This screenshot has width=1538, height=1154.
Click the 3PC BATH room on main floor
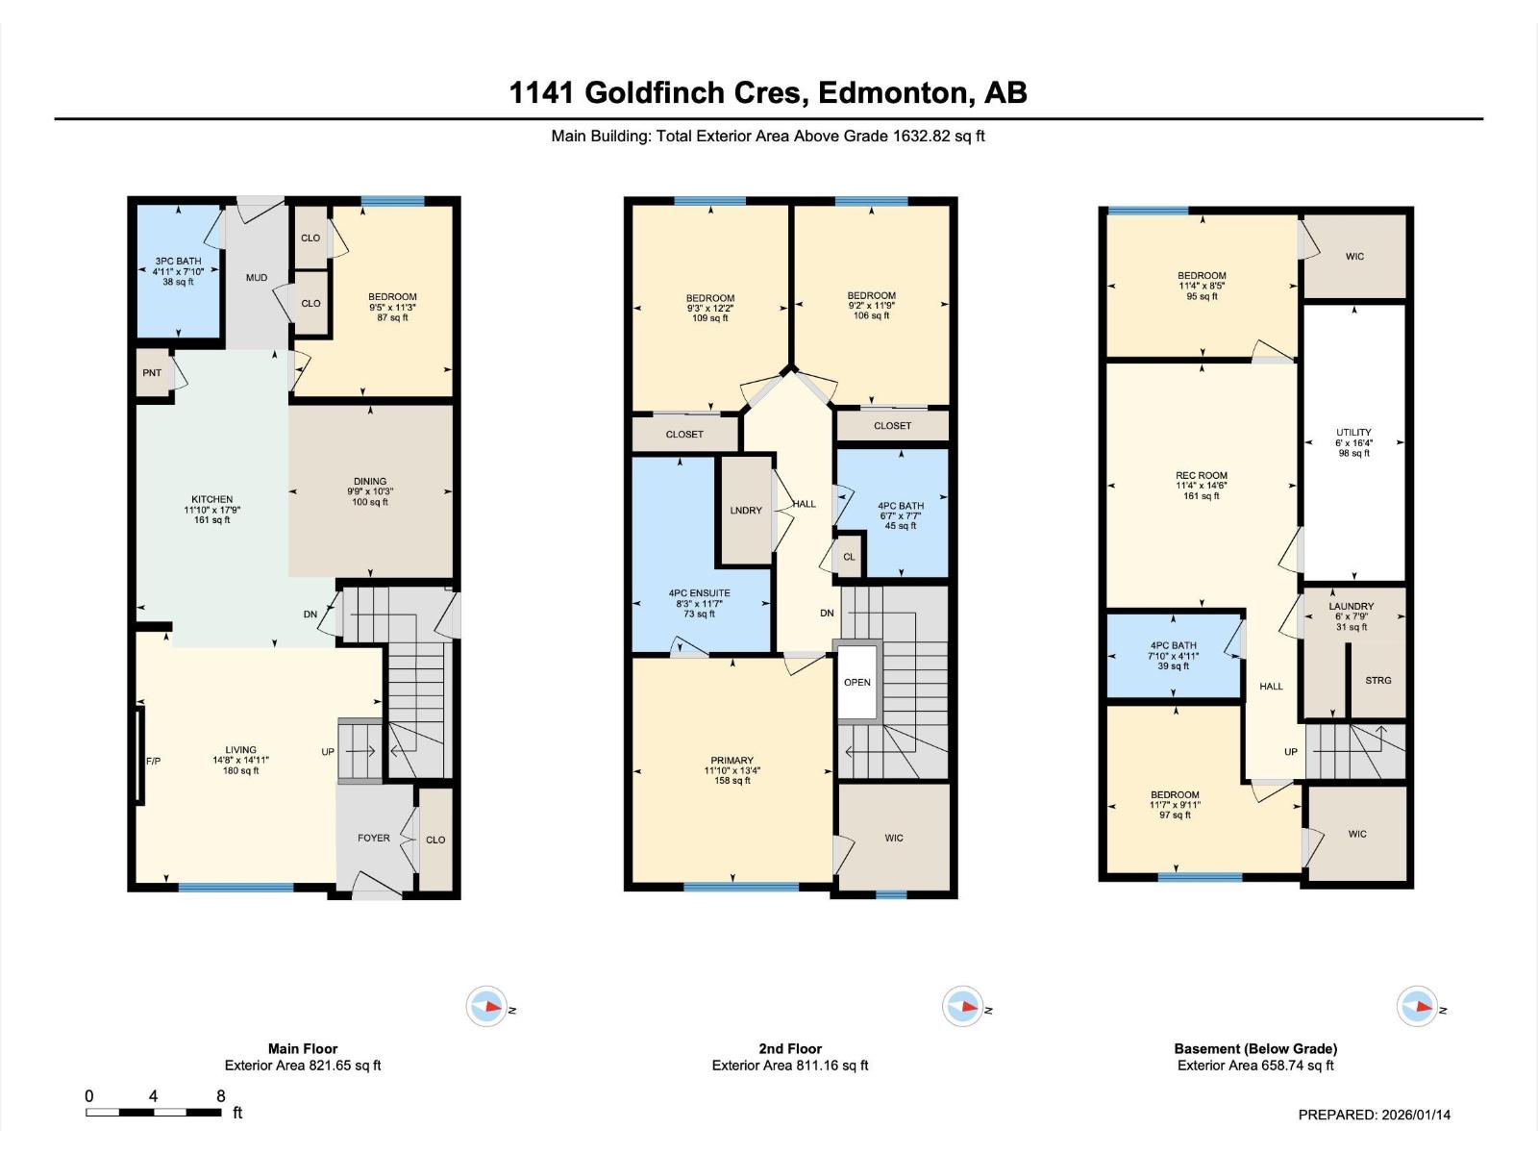178,271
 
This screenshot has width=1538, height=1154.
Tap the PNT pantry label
152,373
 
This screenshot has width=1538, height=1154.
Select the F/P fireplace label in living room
153,761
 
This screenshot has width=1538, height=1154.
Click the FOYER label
374,838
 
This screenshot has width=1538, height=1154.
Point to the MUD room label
257,278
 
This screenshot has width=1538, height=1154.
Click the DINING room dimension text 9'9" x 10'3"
370,491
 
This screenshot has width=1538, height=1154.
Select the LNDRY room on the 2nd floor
746,511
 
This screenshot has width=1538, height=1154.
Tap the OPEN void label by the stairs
856,683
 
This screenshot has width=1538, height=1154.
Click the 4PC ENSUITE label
700,593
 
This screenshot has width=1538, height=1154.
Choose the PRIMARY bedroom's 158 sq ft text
732,781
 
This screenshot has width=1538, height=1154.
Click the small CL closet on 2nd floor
849,557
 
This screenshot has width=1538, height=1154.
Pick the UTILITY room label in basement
1353,433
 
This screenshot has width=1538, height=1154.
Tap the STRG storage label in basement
1377,680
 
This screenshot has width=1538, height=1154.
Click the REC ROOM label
1202,475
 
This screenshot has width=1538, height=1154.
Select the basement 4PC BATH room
1174,656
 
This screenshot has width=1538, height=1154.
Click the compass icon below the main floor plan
485,1007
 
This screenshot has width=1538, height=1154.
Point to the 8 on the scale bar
221,1096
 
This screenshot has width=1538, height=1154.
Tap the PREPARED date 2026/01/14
1416,1115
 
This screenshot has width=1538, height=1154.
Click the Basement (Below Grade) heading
1255,1048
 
